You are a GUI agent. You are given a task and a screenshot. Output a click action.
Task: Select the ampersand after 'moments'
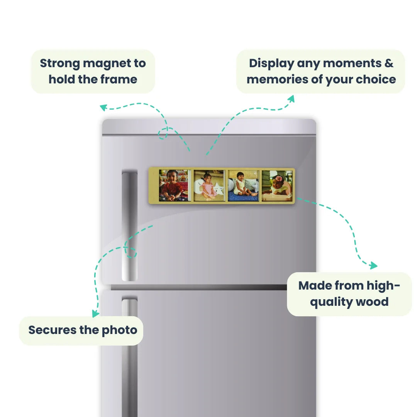pos(389,63)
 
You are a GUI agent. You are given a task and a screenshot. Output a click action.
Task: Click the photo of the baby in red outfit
pos(175,185)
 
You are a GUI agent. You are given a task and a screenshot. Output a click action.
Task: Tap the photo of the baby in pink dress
pos(209,186)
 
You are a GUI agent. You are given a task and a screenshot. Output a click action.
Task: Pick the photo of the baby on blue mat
pos(243,186)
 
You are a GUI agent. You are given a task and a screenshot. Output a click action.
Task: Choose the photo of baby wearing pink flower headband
pos(277,186)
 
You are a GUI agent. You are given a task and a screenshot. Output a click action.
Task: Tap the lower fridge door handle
pos(129,356)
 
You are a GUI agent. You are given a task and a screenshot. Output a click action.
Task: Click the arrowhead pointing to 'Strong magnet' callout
pos(103,107)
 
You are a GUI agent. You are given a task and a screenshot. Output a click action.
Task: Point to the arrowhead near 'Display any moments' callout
pos(292,99)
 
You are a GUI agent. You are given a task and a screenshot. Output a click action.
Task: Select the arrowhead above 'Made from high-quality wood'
pos(373,265)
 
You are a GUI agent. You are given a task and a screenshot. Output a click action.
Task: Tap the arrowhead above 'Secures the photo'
pos(95,314)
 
